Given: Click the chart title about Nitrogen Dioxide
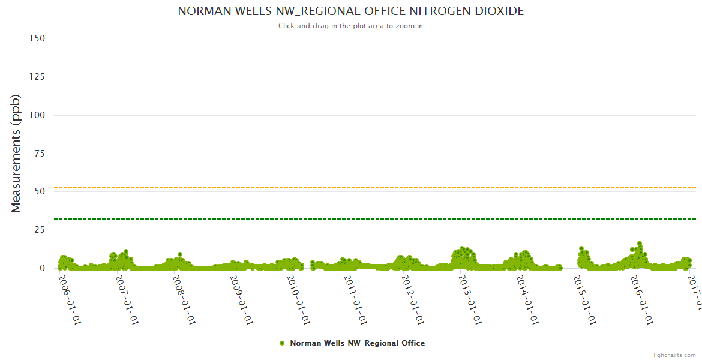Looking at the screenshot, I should pos(350,11).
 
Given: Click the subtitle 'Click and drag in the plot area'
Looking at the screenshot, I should pos(350,26).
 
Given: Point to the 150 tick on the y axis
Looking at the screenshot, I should pos(37,38).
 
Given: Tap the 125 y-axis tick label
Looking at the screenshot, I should pos(37,77).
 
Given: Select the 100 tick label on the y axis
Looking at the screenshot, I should pos(37,115).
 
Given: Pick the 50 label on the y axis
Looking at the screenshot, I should pos(40,191).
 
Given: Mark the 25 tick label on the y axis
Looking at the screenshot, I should pos(40,230).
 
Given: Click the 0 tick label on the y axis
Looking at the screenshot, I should pos(42,268).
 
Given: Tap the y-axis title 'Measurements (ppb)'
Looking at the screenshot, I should pos(16,153).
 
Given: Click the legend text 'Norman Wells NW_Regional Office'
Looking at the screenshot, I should pos(357,343).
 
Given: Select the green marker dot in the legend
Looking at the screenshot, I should pos(281,343).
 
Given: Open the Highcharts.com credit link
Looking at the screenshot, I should pos(673,355).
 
